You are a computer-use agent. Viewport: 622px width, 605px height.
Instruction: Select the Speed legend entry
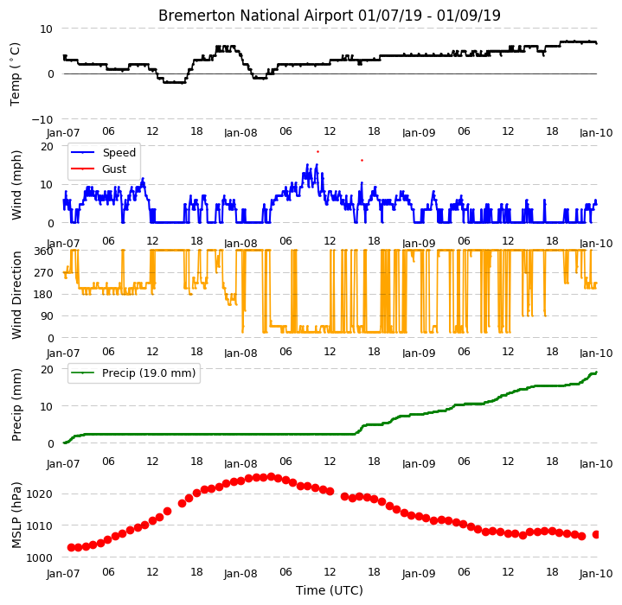pos(103,152)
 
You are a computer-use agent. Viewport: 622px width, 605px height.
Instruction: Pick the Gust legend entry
pos(99,169)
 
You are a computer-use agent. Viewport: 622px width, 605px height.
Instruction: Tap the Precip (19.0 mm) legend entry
pos(133,373)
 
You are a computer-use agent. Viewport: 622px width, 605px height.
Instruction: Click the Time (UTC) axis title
pos(330,590)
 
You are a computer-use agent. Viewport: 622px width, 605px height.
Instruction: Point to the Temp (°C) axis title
pos(15,74)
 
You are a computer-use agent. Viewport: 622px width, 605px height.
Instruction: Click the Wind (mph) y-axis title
pos(16,185)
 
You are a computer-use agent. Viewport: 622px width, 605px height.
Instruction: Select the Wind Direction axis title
pos(16,296)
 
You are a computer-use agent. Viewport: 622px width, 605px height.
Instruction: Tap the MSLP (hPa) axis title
pos(16,515)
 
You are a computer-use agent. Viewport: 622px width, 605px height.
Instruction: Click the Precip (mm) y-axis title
pos(16,405)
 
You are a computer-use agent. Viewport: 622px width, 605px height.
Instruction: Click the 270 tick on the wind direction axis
pos(44,272)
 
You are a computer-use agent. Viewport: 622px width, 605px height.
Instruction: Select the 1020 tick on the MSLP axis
pos(39,494)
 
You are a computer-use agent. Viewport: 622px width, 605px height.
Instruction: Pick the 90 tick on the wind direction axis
pos(48,316)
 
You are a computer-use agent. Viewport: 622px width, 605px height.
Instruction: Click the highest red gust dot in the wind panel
pos(317,152)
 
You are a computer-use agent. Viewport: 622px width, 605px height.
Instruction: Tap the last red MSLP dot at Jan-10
pos(595,535)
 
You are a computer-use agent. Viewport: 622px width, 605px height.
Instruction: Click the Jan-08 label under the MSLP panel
pos(240,574)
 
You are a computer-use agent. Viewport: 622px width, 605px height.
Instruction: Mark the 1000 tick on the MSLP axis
pos(39,557)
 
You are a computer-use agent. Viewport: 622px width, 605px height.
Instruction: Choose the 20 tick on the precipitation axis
pos(48,369)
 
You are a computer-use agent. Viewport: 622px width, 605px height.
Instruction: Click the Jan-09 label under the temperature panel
pos(419,133)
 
